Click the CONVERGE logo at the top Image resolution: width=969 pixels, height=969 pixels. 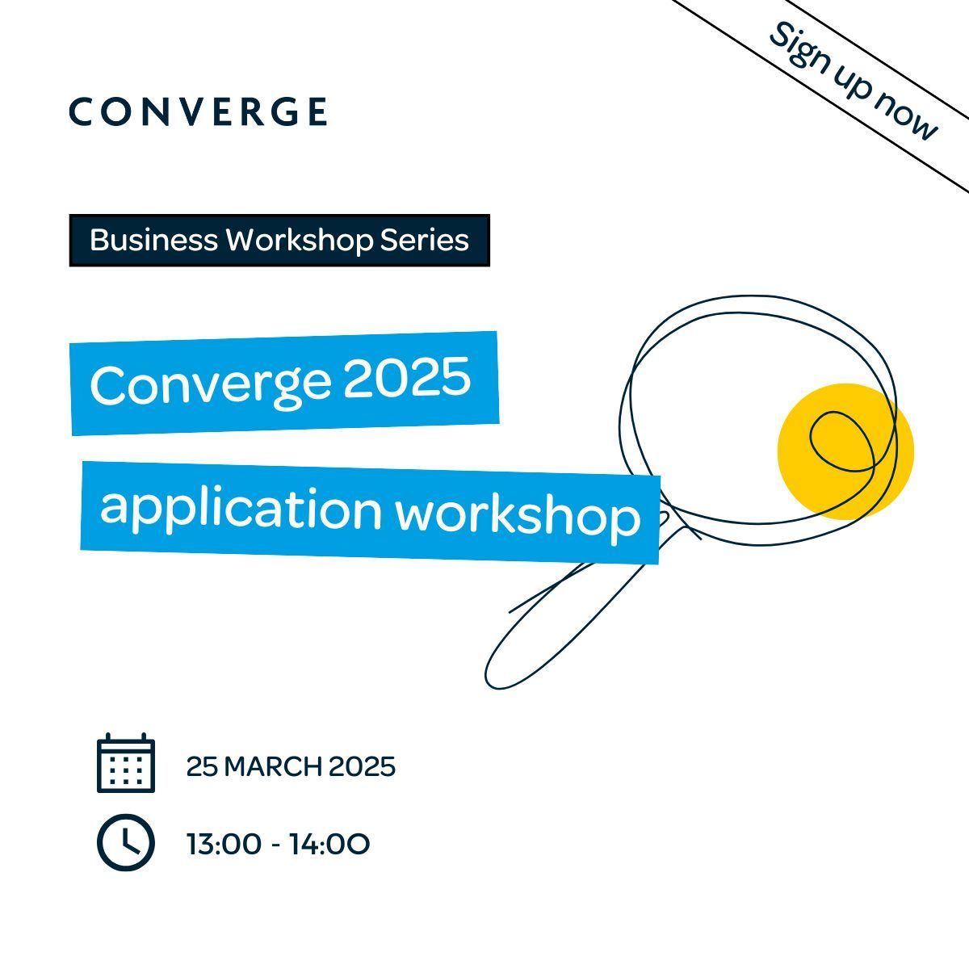coord(198,111)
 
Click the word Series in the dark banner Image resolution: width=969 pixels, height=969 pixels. coord(425,240)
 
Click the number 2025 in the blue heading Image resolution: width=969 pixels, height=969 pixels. coord(407,376)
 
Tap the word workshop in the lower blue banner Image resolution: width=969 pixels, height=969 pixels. coord(518,517)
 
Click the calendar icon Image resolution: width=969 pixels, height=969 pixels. coord(126,763)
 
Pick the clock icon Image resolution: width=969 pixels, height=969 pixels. coord(126,842)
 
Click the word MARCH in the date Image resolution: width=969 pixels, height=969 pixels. coord(273,767)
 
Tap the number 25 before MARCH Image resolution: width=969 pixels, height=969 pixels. coord(202,767)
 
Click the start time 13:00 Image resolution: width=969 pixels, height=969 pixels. coord(224,845)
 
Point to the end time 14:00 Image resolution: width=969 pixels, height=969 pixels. coord(330,845)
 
